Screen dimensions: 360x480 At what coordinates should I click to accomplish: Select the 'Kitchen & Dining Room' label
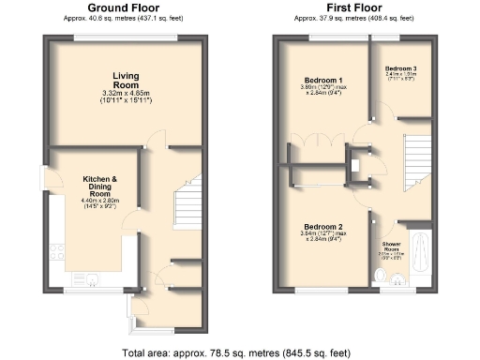[100, 183]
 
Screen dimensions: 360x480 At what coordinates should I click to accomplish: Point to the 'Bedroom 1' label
[322, 80]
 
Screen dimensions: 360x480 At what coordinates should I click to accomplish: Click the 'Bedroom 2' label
[322, 227]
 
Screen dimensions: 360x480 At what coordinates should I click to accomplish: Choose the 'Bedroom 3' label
[402, 69]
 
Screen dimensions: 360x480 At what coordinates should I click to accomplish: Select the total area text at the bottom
[240, 353]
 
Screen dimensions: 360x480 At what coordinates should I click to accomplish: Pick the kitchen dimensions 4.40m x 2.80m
[100, 198]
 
